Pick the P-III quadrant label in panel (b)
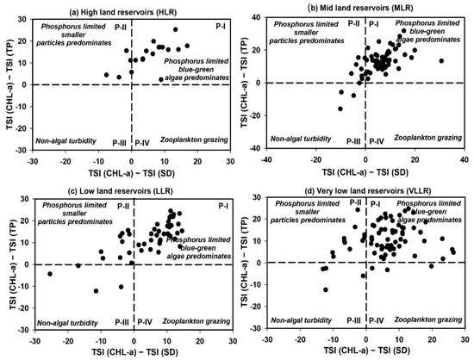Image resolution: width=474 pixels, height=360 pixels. click(x=353, y=140)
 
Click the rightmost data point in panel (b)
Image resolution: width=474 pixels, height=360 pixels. click(x=440, y=61)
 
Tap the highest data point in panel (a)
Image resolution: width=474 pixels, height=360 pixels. click(x=176, y=29)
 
